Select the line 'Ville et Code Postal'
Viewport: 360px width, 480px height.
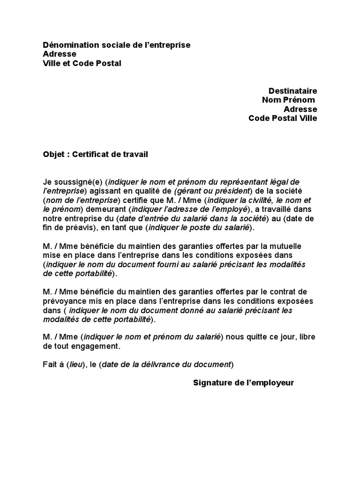coord(82,63)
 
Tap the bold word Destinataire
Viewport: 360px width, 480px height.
coord(292,90)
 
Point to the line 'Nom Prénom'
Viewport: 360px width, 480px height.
coord(288,100)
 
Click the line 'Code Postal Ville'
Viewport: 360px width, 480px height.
coord(283,118)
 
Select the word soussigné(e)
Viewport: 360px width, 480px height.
coord(78,182)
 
